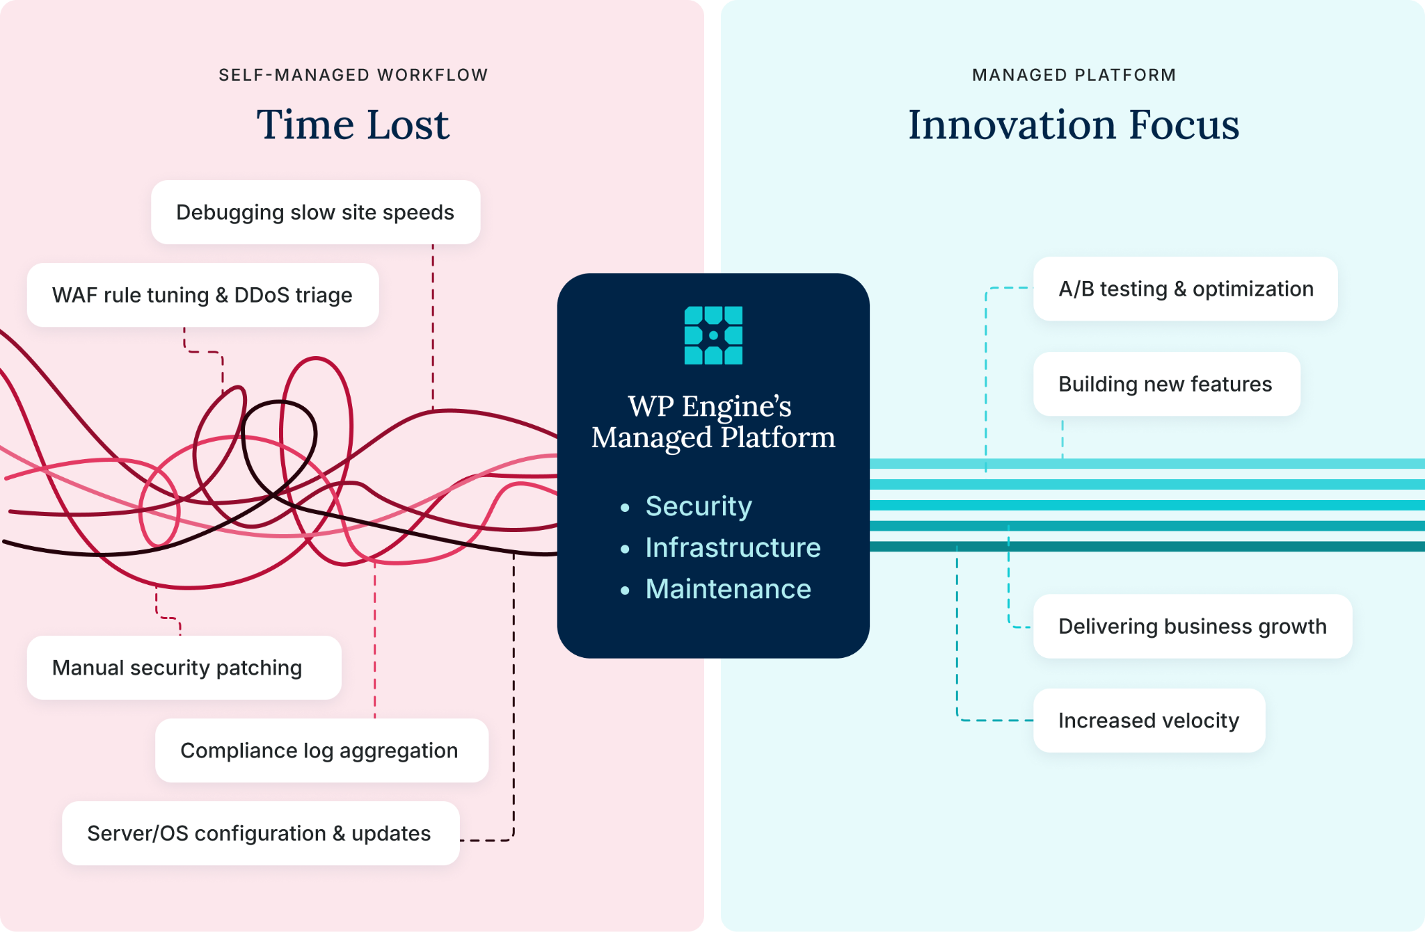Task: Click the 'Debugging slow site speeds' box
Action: [x=315, y=212]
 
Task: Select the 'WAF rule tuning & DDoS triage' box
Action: [x=202, y=295]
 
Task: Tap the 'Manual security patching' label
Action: [x=177, y=668]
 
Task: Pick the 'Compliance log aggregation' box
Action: [x=321, y=750]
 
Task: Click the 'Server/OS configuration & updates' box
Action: [x=261, y=833]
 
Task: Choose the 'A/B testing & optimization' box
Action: [x=1186, y=289]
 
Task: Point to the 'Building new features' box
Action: [x=1167, y=384]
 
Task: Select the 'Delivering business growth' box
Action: [x=1193, y=626]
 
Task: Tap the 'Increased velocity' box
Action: [x=1149, y=721]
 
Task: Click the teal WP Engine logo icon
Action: [x=713, y=335]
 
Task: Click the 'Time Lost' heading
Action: [x=353, y=124]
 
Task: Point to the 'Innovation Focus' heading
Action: [x=1074, y=124]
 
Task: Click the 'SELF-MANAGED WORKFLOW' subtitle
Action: [x=353, y=75]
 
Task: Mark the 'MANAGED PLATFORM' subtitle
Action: [x=1074, y=75]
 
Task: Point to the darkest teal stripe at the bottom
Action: [x=1147, y=547]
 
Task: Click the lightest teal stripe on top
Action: [x=1147, y=464]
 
